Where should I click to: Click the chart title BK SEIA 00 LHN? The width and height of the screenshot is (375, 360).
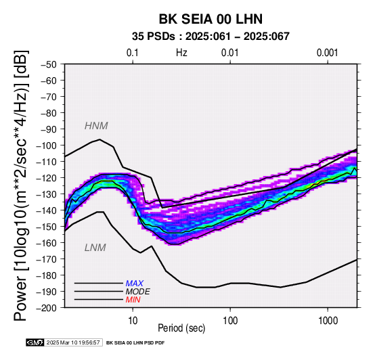click(x=211, y=19)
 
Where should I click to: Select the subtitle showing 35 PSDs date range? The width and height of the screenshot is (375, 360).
click(x=211, y=37)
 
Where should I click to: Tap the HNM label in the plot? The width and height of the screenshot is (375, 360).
click(x=96, y=126)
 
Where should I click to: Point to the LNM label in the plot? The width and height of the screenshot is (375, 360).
click(x=95, y=248)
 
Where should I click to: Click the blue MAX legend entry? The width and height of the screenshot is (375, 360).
click(x=135, y=284)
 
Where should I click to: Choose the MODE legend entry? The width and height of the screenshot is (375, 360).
click(x=138, y=292)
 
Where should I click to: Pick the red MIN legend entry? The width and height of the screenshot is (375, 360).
click(x=133, y=300)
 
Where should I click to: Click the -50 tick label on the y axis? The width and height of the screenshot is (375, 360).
click(x=49, y=64)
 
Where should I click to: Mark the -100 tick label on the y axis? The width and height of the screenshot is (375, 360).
click(x=47, y=145)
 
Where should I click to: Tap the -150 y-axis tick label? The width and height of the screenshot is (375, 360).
click(x=47, y=227)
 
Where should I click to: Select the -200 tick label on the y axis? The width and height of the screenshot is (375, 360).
click(x=47, y=308)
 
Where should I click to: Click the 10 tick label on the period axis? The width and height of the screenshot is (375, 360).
click(x=133, y=321)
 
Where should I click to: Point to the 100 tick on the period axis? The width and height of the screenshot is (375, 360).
click(x=230, y=321)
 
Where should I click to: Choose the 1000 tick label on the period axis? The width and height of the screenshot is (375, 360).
click(x=328, y=321)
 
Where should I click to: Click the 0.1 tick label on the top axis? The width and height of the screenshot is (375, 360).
click(x=133, y=53)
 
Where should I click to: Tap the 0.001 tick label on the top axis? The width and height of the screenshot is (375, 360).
click(x=328, y=53)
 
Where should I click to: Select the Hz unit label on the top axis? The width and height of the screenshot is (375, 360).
click(x=181, y=53)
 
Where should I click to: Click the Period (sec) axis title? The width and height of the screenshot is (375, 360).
click(x=181, y=328)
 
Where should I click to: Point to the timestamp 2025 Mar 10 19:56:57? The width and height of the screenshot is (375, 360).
click(x=73, y=343)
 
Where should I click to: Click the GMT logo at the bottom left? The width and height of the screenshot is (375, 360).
click(x=35, y=343)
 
